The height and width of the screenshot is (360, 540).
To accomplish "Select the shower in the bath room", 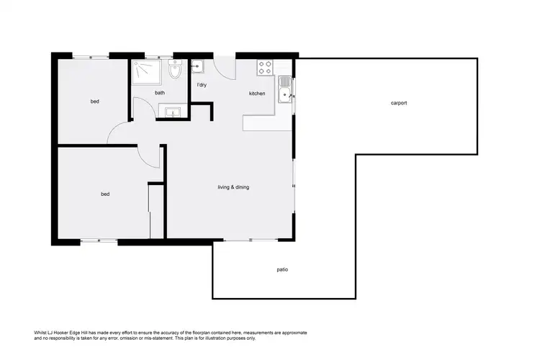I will pyautogui.click(x=147, y=73).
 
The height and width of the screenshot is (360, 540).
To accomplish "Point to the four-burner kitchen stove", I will pyautogui.click(x=265, y=68).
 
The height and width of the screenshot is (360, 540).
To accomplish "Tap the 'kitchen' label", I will pyautogui.click(x=257, y=94).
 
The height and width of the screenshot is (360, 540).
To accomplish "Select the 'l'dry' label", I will pyautogui.click(x=202, y=86).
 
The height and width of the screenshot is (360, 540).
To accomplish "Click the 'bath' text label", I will pyautogui.click(x=160, y=93).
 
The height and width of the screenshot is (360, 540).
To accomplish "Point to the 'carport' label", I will pyautogui.click(x=399, y=103).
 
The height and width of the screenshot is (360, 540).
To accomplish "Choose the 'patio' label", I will pyautogui.click(x=283, y=269).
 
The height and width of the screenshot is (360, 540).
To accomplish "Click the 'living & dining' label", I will pyautogui.click(x=233, y=187).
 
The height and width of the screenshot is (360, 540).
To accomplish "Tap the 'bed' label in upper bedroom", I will pyautogui.click(x=94, y=102).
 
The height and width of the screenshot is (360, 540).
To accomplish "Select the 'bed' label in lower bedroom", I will pyautogui.click(x=105, y=194).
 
